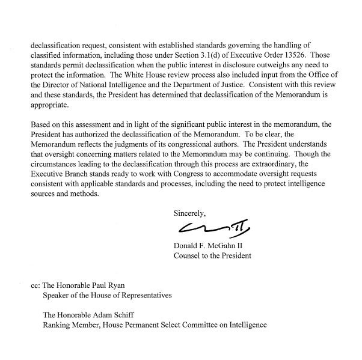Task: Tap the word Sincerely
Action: [x=190, y=213]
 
